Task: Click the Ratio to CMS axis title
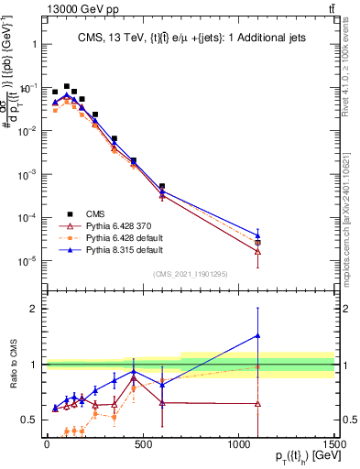(x=11, y=364)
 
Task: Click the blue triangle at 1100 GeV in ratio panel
(x=257, y=335)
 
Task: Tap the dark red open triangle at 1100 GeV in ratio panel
(x=257, y=403)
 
